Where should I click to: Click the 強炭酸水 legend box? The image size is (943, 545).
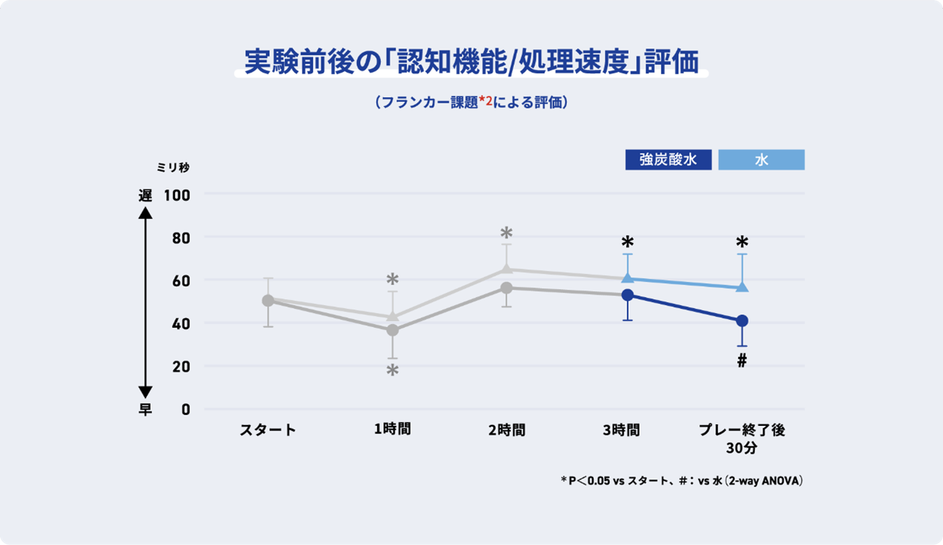coord(669,159)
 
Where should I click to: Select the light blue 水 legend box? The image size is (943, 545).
coord(761,159)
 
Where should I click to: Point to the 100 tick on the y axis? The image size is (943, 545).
coord(177,195)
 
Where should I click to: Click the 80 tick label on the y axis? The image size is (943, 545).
coord(181,238)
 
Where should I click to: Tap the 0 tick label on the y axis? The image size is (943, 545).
coord(186,410)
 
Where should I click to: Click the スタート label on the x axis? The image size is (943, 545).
coord(268,430)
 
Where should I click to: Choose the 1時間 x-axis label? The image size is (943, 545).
coord(393,429)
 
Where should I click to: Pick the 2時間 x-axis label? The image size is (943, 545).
coord(507,430)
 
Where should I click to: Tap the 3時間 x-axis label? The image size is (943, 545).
coord(621,430)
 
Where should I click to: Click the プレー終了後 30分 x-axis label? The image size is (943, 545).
coord(742,439)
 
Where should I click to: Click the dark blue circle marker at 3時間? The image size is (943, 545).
coord(628,295)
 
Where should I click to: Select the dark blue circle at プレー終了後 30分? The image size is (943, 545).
coord(742,321)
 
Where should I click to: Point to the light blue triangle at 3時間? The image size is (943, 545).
coord(628,277)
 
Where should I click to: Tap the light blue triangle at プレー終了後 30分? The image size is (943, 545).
coord(742,287)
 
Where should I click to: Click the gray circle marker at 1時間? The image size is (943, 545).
coord(393,330)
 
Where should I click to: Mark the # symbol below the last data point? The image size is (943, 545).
coord(742,361)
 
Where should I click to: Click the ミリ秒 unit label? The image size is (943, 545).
coord(173,168)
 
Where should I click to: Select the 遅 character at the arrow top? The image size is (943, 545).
coord(145,195)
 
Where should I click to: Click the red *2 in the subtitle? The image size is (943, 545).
coord(485,101)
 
